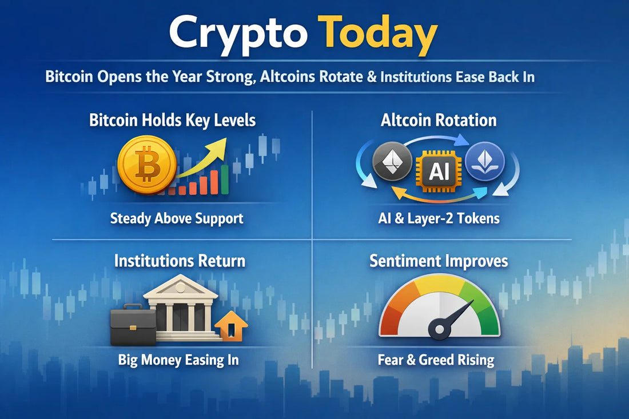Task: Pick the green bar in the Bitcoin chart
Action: pos(224,179)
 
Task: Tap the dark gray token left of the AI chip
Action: pos(392,161)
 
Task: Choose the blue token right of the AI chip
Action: pos(484,161)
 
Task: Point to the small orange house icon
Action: pos(232,329)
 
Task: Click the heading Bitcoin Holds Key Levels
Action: pos(172,120)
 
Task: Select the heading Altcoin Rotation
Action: pos(439,120)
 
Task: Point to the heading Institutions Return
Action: pos(180,261)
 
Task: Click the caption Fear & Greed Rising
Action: pos(436,360)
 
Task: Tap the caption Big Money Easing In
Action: pos(178,360)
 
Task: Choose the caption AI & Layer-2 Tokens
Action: pos(439,218)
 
